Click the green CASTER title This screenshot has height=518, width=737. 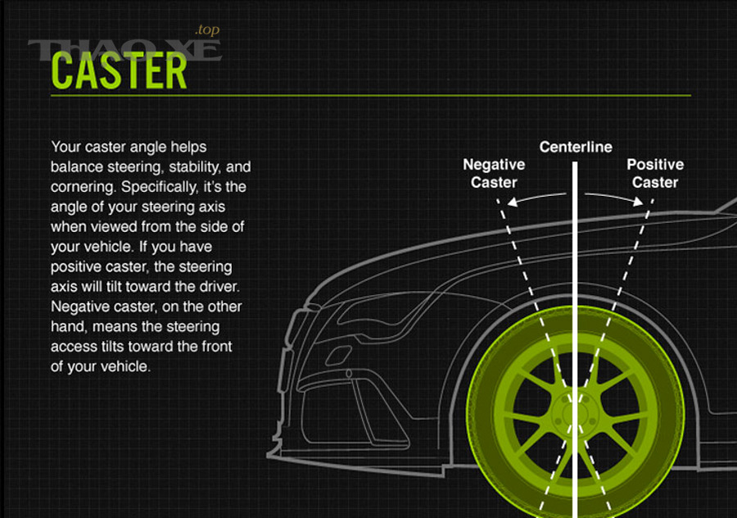tap(119, 70)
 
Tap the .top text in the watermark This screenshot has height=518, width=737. tap(207, 30)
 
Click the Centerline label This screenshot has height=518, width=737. tap(576, 147)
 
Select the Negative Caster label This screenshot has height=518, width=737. tap(494, 173)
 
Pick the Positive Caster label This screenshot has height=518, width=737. tap(655, 173)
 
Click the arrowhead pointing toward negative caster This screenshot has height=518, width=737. tap(513, 202)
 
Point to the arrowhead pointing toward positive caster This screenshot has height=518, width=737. tap(638, 202)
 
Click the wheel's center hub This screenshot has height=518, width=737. tap(574, 413)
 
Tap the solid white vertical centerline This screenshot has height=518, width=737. tap(575, 339)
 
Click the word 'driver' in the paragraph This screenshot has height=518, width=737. tap(219, 287)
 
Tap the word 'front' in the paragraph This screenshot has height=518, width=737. tap(217, 347)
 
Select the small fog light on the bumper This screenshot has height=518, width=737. tap(337, 356)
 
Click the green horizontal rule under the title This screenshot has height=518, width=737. tap(371, 96)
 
